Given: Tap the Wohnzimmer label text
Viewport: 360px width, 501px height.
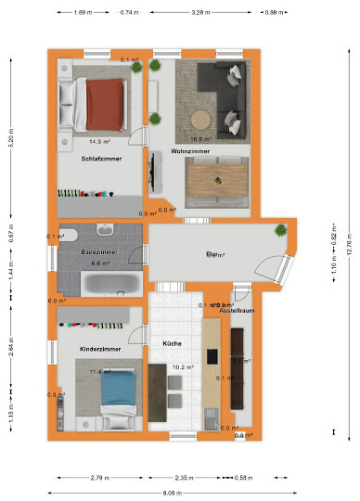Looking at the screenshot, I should [x=190, y=150].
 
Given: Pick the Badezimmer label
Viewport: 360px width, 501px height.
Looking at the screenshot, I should [x=98, y=252].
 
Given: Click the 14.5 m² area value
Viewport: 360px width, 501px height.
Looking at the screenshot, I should [x=100, y=142].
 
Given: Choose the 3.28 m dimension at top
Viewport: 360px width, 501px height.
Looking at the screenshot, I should [x=199, y=13].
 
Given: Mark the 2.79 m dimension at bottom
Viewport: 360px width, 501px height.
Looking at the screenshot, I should [x=96, y=478].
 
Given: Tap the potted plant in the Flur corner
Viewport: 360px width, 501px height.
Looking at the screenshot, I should [x=280, y=232].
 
